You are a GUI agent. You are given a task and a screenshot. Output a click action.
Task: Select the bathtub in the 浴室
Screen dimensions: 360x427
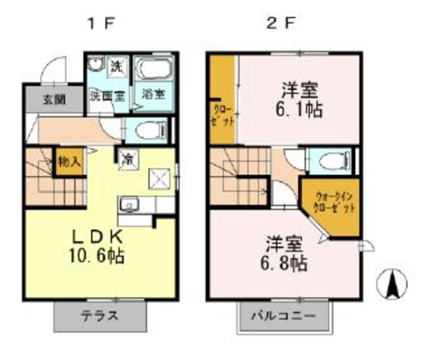[x=153, y=71]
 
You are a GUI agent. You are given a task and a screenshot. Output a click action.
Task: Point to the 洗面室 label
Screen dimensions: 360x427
[x=107, y=95]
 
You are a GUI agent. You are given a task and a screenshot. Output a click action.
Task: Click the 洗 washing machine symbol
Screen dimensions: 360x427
[x=116, y=67]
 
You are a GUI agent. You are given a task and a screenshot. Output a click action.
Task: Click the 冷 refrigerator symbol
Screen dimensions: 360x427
[x=126, y=160]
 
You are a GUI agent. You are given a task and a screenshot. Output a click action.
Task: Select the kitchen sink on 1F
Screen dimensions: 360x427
[x=131, y=204]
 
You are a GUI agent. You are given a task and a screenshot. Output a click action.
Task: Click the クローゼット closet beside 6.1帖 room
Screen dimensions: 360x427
[x=223, y=100]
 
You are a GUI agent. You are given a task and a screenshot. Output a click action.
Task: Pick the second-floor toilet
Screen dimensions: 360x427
[x=330, y=161]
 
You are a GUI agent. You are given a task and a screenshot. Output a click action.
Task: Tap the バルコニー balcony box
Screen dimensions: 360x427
[x=284, y=316]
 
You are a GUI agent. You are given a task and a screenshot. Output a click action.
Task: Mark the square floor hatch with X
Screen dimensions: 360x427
[x=159, y=179]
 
